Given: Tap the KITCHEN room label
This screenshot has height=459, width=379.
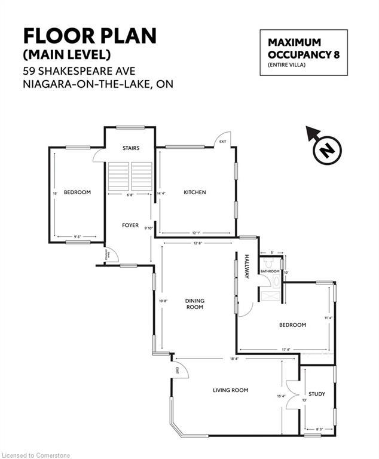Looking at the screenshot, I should (x=194, y=192).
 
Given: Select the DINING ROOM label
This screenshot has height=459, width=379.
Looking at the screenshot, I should (x=194, y=304).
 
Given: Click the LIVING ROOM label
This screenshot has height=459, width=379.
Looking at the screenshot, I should (x=230, y=390).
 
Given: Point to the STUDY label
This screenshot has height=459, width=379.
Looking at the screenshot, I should (x=317, y=394).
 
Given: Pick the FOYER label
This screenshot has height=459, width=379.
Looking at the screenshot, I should (x=130, y=225).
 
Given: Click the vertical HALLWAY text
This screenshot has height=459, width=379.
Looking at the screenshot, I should (x=246, y=266).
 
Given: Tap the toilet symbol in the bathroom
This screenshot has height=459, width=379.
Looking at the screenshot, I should (x=268, y=262).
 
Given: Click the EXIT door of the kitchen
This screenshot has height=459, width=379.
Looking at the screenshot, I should (x=222, y=139).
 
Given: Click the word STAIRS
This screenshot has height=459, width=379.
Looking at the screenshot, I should (x=130, y=148).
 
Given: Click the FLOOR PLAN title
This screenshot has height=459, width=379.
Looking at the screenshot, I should (x=90, y=36).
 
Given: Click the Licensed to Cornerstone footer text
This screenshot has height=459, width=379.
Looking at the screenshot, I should (x=36, y=455).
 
